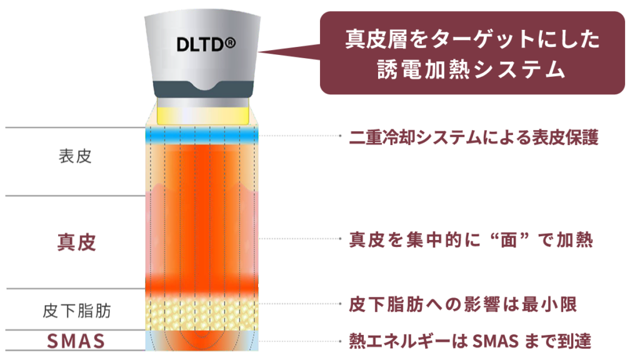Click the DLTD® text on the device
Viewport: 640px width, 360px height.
[x=206, y=44]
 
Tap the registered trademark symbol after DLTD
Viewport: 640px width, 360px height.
[x=230, y=42]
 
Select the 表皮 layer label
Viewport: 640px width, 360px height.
[x=75, y=156]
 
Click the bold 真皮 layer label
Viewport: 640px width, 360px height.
[x=76, y=242]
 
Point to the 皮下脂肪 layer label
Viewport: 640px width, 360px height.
[x=77, y=311]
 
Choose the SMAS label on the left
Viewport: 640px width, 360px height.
[x=76, y=341]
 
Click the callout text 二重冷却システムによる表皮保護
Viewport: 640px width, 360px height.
[x=474, y=137]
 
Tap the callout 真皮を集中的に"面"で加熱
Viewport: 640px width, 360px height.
[x=471, y=240]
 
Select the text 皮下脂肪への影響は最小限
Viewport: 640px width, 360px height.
[x=463, y=304]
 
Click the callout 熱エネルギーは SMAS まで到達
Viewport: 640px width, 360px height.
[x=470, y=341]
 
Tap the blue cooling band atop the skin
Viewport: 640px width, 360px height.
[x=202, y=136]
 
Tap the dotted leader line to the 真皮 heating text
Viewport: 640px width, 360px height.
[x=300, y=239]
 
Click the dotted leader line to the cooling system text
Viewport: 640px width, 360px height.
[x=300, y=136]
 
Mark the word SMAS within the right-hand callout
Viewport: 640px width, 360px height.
[x=495, y=341]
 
